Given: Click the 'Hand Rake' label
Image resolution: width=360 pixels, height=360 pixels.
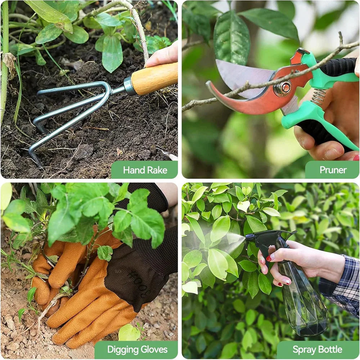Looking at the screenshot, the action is (x=145, y=170).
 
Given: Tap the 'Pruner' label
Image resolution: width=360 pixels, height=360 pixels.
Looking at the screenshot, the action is (x=333, y=170).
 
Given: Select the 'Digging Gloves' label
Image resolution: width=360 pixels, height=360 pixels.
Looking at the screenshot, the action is (x=137, y=350).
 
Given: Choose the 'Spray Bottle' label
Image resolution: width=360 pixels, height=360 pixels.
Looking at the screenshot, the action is (x=317, y=350).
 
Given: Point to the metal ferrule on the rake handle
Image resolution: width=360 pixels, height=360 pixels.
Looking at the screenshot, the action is (x=129, y=86).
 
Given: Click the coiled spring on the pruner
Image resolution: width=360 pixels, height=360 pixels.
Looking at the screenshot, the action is (x=319, y=97).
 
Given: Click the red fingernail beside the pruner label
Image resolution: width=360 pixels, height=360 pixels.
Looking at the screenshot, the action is (x=356, y=158).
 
